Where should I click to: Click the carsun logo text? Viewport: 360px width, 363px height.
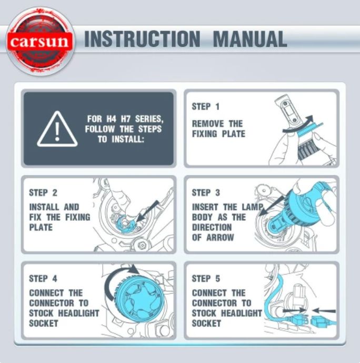(39, 41)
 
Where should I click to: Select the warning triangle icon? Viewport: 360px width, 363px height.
(57, 129)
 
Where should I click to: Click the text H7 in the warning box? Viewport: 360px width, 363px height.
(126, 119)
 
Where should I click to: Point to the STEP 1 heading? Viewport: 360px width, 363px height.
(205, 107)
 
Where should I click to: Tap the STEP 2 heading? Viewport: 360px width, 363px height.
(43, 193)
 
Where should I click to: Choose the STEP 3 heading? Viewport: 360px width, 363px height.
(206, 193)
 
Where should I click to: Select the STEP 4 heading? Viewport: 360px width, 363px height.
(43, 278)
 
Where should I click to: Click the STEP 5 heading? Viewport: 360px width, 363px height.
(206, 278)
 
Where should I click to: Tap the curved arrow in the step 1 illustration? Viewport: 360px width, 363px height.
(298, 126)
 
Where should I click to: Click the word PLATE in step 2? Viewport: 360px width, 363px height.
(41, 227)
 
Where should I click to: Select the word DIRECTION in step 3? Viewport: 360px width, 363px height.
(212, 227)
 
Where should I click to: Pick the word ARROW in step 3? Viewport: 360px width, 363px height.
(220, 237)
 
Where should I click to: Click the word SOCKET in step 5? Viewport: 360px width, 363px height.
(206, 324)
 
